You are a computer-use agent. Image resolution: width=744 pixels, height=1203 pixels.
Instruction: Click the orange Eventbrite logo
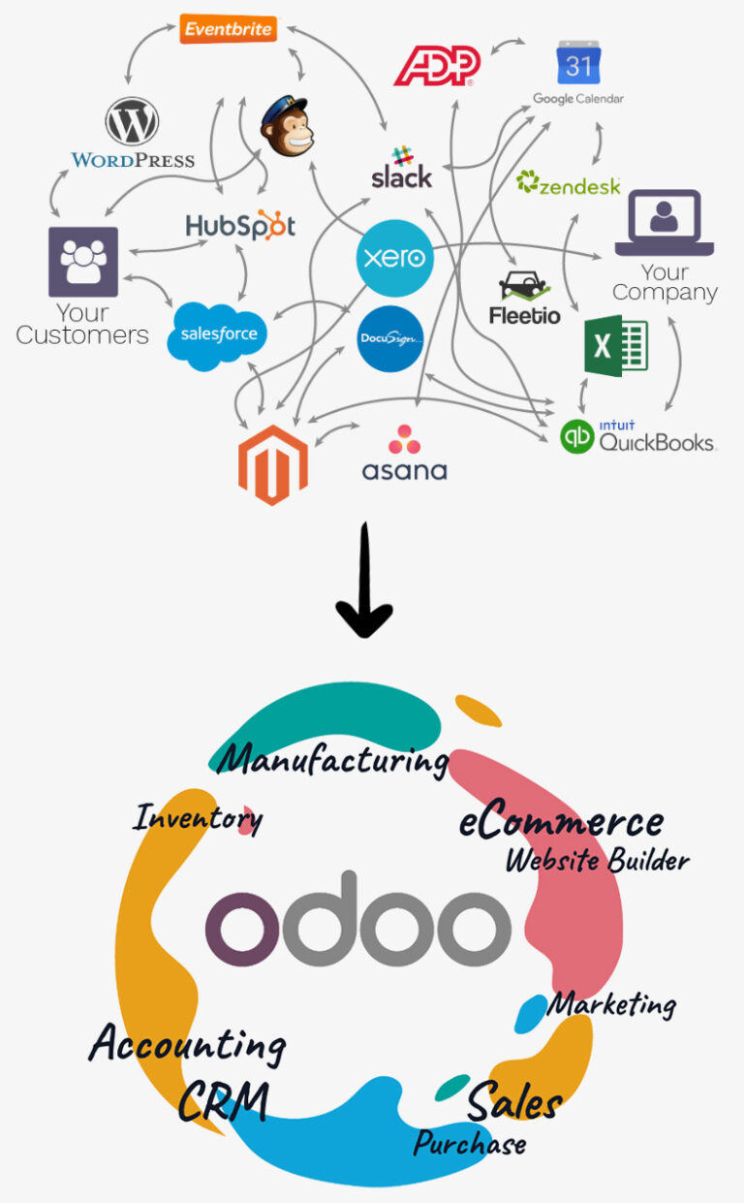[228, 28]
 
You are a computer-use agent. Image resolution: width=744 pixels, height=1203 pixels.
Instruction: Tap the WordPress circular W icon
[133, 123]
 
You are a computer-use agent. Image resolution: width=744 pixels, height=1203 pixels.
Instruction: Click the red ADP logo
[437, 65]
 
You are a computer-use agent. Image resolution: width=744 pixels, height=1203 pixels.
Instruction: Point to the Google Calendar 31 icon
[578, 64]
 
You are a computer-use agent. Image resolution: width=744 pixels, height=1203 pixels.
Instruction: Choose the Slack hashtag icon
[401, 155]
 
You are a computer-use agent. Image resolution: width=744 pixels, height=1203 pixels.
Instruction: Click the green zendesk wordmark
[569, 183]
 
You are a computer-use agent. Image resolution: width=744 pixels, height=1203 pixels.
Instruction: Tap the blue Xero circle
[393, 258]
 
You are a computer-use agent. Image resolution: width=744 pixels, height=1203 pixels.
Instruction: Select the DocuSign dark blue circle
[390, 339]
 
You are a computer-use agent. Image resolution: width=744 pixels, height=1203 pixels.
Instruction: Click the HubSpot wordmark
[240, 226]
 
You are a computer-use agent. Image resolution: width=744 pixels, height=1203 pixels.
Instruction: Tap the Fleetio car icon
[524, 287]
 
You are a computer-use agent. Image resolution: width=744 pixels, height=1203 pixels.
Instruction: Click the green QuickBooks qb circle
[577, 436]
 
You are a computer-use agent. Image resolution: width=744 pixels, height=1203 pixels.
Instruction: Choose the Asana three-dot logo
[404, 439]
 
